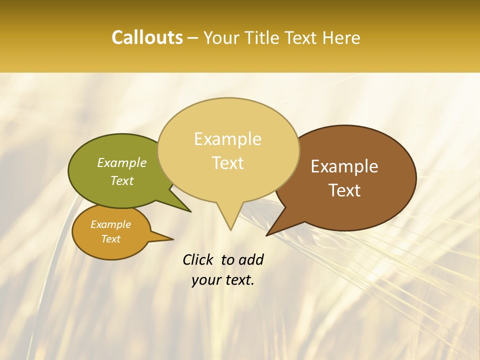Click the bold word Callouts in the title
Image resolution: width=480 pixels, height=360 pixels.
click(x=147, y=37)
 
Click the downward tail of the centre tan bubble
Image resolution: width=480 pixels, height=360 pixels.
click(x=230, y=217)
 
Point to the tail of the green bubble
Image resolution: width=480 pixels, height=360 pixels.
click(x=180, y=202)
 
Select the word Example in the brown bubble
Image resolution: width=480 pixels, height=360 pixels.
click(x=344, y=166)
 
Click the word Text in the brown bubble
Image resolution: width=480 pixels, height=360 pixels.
click(x=344, y=190)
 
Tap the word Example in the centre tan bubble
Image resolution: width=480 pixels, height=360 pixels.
click(x=227, y=139)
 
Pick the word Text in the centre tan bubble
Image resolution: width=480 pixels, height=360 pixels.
click(x=228, y=163)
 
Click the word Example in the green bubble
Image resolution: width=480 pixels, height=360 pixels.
click(x=122, y=163)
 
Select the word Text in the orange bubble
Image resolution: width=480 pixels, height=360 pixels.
click(x=111, y=239)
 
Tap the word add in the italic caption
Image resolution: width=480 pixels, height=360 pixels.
click(x=250, y=260)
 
